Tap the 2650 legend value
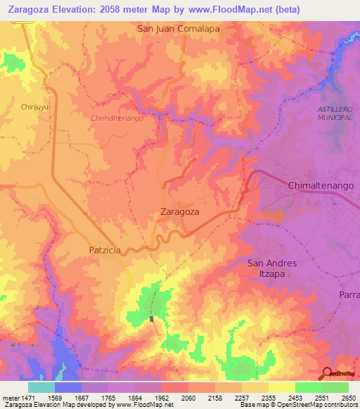coord(348,398)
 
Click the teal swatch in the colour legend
coord(41,387)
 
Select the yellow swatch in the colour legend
coord(281,387)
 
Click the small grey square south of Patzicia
coord(151,319)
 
